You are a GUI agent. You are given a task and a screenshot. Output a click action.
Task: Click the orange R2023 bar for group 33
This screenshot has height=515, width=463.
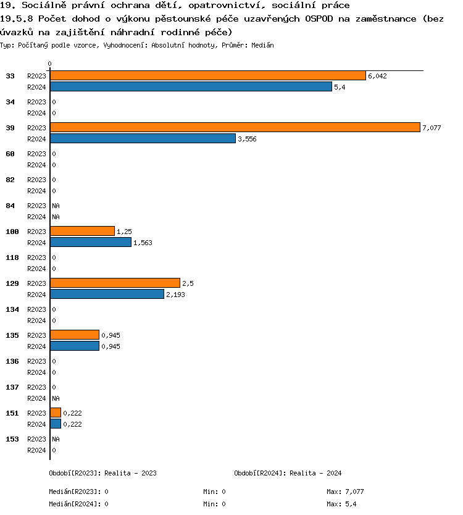coord(207,75)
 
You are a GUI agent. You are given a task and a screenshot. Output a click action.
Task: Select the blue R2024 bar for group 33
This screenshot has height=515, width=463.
coord(191,86)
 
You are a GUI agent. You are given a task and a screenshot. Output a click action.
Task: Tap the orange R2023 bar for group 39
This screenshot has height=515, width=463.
coord(235,127)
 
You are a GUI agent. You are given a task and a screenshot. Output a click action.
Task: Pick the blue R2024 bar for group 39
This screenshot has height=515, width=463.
coord(143,138)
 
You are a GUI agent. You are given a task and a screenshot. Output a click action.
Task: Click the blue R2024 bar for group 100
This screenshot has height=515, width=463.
coord(91,242)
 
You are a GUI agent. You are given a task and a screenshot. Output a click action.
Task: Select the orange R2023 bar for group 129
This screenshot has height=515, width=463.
coord(115,283)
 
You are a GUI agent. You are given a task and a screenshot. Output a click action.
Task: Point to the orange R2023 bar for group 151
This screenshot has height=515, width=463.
coord(56,412)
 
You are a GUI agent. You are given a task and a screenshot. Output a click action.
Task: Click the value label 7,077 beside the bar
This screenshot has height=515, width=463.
coord(432,128)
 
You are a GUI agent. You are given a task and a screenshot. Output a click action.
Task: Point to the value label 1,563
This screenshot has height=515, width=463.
coord(143,243)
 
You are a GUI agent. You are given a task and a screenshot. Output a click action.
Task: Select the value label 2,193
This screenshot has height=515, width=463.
coord(175,295)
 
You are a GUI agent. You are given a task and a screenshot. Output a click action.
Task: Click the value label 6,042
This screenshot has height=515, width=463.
coord(377,76)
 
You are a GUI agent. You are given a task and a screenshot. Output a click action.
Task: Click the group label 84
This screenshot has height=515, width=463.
coord(10,206)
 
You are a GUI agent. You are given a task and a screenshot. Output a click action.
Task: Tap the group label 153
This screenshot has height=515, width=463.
coord(12,439)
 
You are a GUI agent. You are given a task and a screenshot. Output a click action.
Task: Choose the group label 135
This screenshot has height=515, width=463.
coord(12,335)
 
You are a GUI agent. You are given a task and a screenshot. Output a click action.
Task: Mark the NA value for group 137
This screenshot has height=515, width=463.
coord(56,398)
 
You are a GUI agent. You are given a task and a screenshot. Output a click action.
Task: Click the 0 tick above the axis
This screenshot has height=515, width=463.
coord(49,64)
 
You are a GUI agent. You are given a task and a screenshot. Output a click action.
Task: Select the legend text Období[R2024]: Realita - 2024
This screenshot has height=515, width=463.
coord(288,473)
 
